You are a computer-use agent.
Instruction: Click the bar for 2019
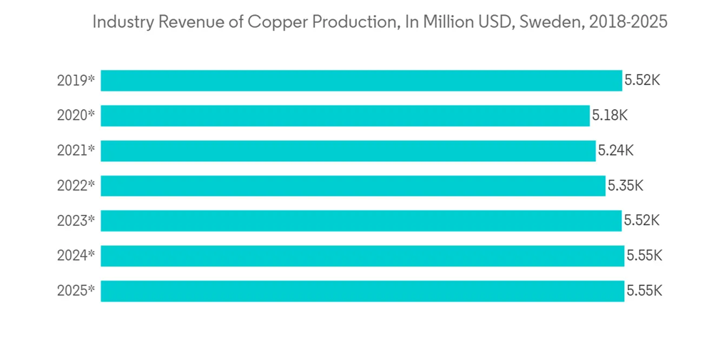point(361,80)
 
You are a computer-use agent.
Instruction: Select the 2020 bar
point(345,115)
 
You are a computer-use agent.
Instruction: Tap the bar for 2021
point(348,151)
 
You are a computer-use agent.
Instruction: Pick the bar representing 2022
point(353,186)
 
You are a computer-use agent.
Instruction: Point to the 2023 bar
point(361,221)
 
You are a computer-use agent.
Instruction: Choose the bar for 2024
point(362,256)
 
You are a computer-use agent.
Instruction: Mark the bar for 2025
point(362,291)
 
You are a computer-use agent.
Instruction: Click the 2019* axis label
point(76,80)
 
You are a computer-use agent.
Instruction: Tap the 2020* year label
point(76,115)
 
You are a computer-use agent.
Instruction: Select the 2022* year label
point(76,186)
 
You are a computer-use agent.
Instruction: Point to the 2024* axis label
point(76,256)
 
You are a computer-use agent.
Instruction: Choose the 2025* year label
point(76,291)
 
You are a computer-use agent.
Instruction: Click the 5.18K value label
point(610,115)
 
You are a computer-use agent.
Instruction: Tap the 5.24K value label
point(615,151)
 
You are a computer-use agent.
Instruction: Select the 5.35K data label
point(625,186)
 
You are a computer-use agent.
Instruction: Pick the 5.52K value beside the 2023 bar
point(642,221)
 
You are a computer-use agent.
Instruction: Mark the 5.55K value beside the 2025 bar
point(644,291)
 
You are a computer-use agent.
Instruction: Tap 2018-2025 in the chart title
point(627,22)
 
